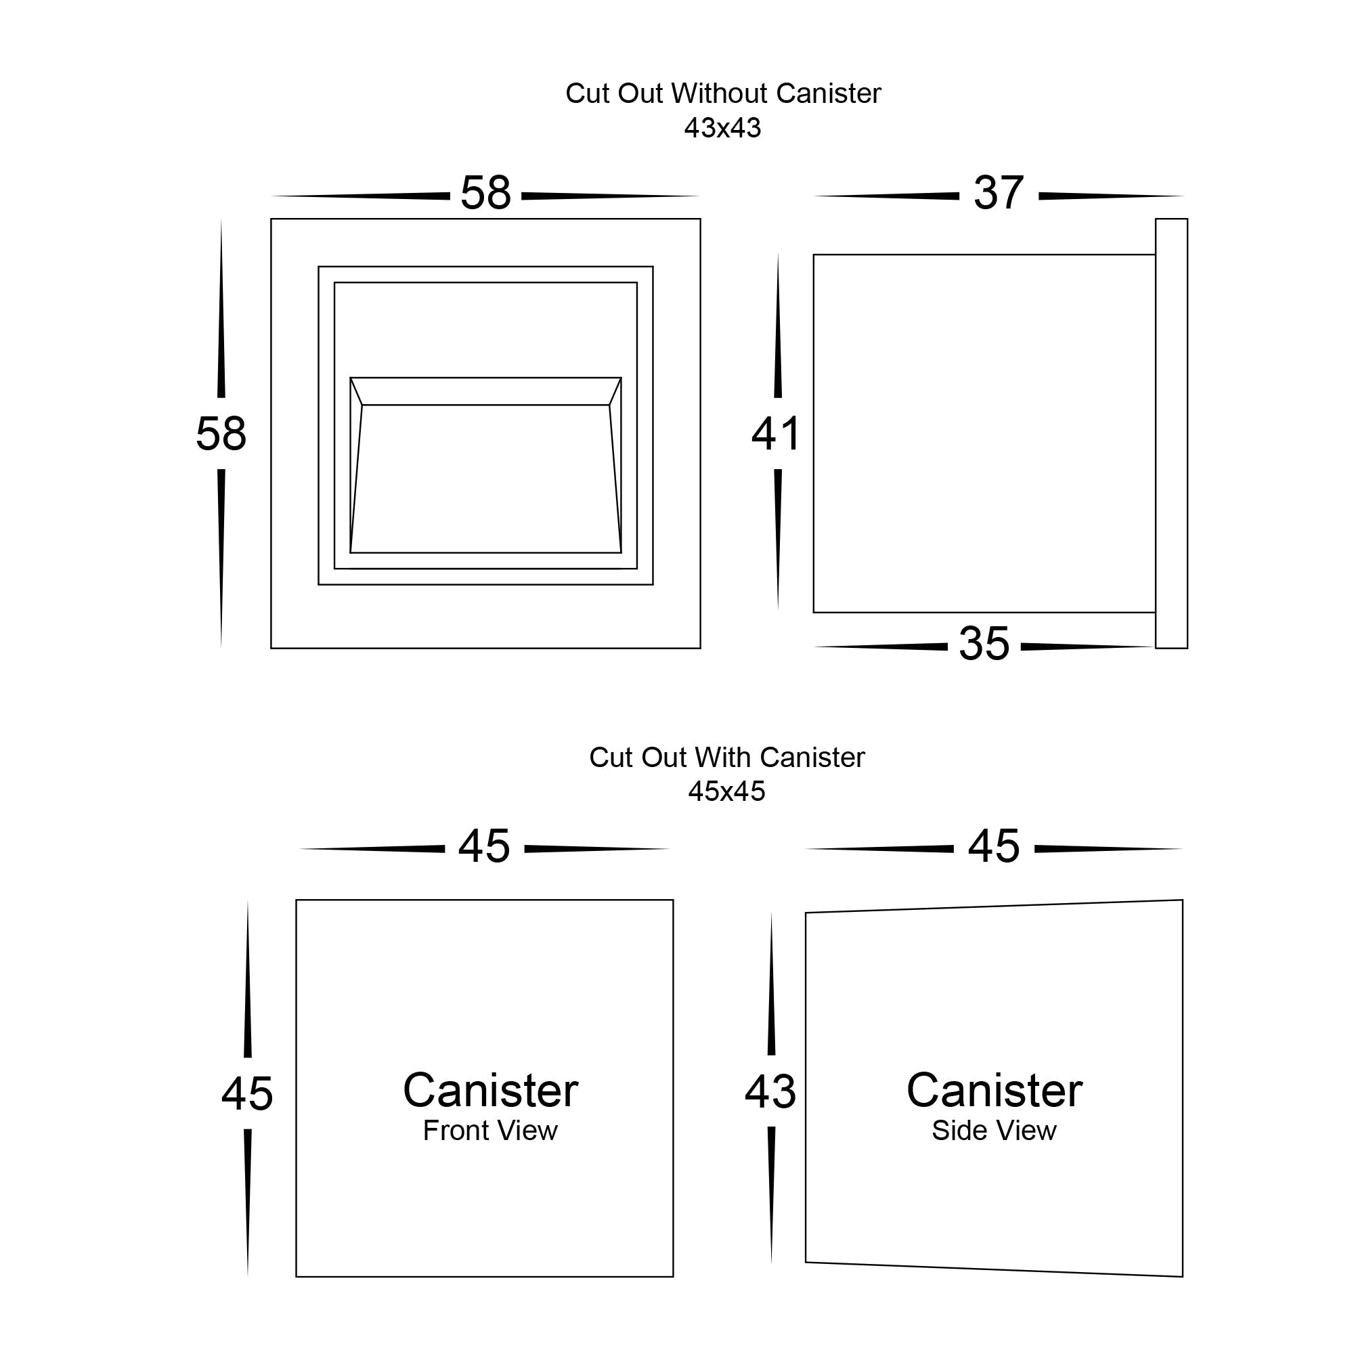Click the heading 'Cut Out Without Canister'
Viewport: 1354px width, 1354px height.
(x=722, y=94)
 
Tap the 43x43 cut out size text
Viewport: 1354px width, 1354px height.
(x=722, y=128)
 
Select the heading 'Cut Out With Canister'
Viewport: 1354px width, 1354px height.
(x=726, y=758)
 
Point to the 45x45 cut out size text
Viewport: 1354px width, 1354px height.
(x=726, y=792)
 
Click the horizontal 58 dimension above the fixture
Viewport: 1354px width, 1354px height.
(x=485, y=193)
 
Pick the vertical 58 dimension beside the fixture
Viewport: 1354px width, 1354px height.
(x=221, y=434)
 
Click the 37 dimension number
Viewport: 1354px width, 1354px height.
(x=999, y=193)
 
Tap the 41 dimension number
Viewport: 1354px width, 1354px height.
(x=777, y=434)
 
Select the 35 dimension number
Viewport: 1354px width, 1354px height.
(x=984, y=643)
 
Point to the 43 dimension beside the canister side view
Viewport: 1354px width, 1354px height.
(x=770, y=1092)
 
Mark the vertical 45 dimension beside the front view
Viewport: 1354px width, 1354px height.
(x=247, y=1093)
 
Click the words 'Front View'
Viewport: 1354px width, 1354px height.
(x=490, y=1131)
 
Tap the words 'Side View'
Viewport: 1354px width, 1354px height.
(x=994, y=1131)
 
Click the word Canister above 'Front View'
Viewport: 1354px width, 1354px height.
(x=490, y=1091)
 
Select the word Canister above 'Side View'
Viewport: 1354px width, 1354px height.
(x=994, y=1091)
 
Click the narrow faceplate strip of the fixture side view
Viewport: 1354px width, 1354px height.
(x=1171, y=434)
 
